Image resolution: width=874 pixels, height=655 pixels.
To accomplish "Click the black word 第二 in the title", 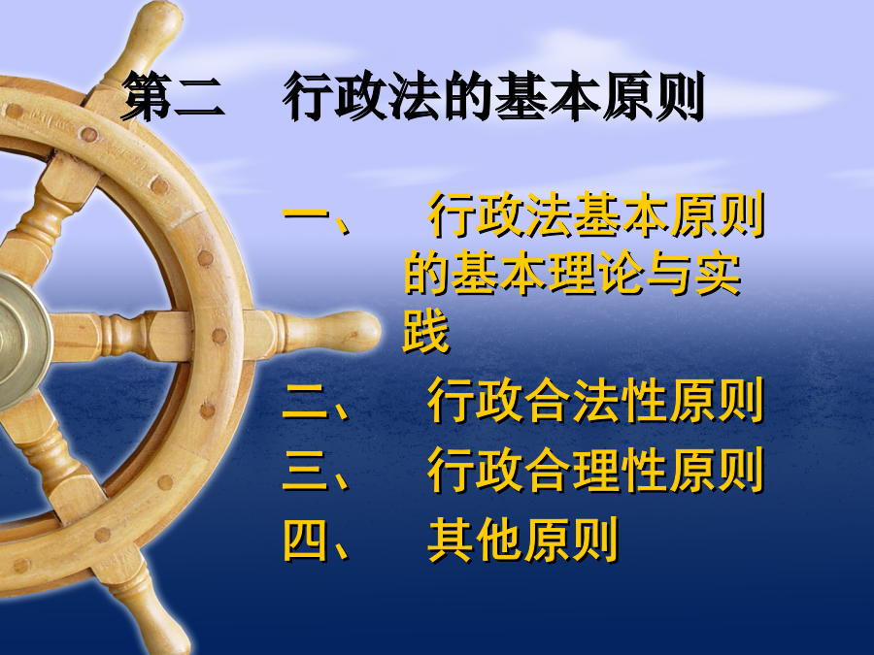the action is pyautogui.click(x=174, y=96).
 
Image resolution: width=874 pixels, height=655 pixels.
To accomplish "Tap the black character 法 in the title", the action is pyautogui.click(x=412, y=96).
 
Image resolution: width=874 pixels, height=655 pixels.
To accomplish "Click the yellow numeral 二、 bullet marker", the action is pyautogui.click(x=316, y=401).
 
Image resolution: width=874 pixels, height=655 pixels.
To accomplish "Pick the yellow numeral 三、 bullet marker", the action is pyautogui.click(x=316, y=471).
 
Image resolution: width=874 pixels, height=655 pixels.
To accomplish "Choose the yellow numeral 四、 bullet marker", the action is pyautogui.click(x=316, y=540).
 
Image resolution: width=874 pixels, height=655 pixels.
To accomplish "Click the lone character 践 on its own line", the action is pyautogui.click(x=426, y=331).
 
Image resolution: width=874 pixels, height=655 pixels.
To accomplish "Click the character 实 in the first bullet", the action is pyautogui.click(x=718, y=273).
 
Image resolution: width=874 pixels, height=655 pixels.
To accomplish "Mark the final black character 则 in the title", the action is pyautogui.click(x=679, y=96).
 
